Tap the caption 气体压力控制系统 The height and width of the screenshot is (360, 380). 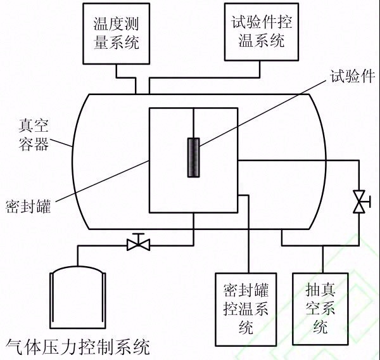point(77,347)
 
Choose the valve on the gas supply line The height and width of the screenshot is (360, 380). point(137,243)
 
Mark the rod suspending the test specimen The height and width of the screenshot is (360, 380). point(193,123)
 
